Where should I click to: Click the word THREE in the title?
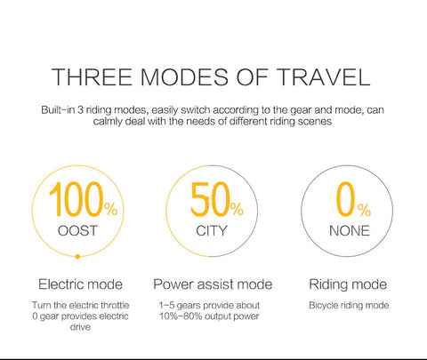point(92,77)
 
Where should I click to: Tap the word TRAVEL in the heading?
point(324,77)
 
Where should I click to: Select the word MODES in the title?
point(184,77)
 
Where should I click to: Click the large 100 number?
point(77,199)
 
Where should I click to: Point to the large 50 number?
point(210,199)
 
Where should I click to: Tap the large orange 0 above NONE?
point(345,199)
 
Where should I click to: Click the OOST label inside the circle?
point(77,231)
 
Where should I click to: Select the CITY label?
point(212,231)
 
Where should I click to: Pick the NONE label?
point(350,231)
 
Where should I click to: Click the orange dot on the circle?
point(77,257)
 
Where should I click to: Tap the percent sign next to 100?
point(111,209)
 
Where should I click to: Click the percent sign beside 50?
point(237,209)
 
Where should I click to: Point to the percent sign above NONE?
point(364,210)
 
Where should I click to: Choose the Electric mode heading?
point(80,284)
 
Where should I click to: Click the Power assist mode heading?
point(213,284)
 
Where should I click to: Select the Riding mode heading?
point(348,284)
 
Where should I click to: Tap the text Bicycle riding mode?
point(349,306)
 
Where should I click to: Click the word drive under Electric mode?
point(80,327)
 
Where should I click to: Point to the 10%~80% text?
point(181,316)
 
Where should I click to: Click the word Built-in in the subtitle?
point(58,110)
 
